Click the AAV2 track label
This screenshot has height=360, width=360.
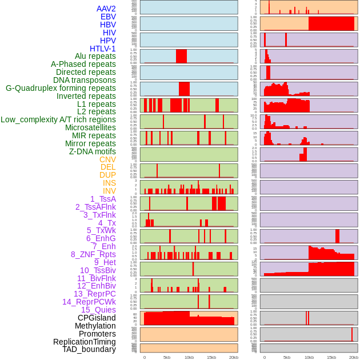tap(106, 9)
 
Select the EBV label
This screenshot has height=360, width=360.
tap(108, 17)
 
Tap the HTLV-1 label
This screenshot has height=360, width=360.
tap(103, 49)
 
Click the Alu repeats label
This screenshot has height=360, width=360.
tap(95, 56)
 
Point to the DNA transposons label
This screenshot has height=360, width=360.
tap(85, 80)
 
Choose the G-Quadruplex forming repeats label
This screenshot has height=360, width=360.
tap(61, 88)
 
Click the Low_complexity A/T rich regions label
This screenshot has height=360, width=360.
tap(58, 119)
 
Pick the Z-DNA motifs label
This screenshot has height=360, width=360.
tap(93, 151)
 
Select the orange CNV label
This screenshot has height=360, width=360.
tap(107, 159)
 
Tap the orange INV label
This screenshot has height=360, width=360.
tap(109, 191)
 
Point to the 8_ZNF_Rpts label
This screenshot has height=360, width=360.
tap(93, 254)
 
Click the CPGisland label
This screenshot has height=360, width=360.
tap(97, 318)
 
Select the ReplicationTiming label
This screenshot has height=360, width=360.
tap(85, 342)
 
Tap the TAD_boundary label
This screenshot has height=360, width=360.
tap(89, 349)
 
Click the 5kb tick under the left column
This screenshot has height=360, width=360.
tap(167, 357)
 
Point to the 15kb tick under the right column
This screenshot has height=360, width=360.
tap(331, 357)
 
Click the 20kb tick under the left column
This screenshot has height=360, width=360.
tap(233, 357)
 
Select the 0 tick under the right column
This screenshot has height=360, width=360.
tap(264, 357)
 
